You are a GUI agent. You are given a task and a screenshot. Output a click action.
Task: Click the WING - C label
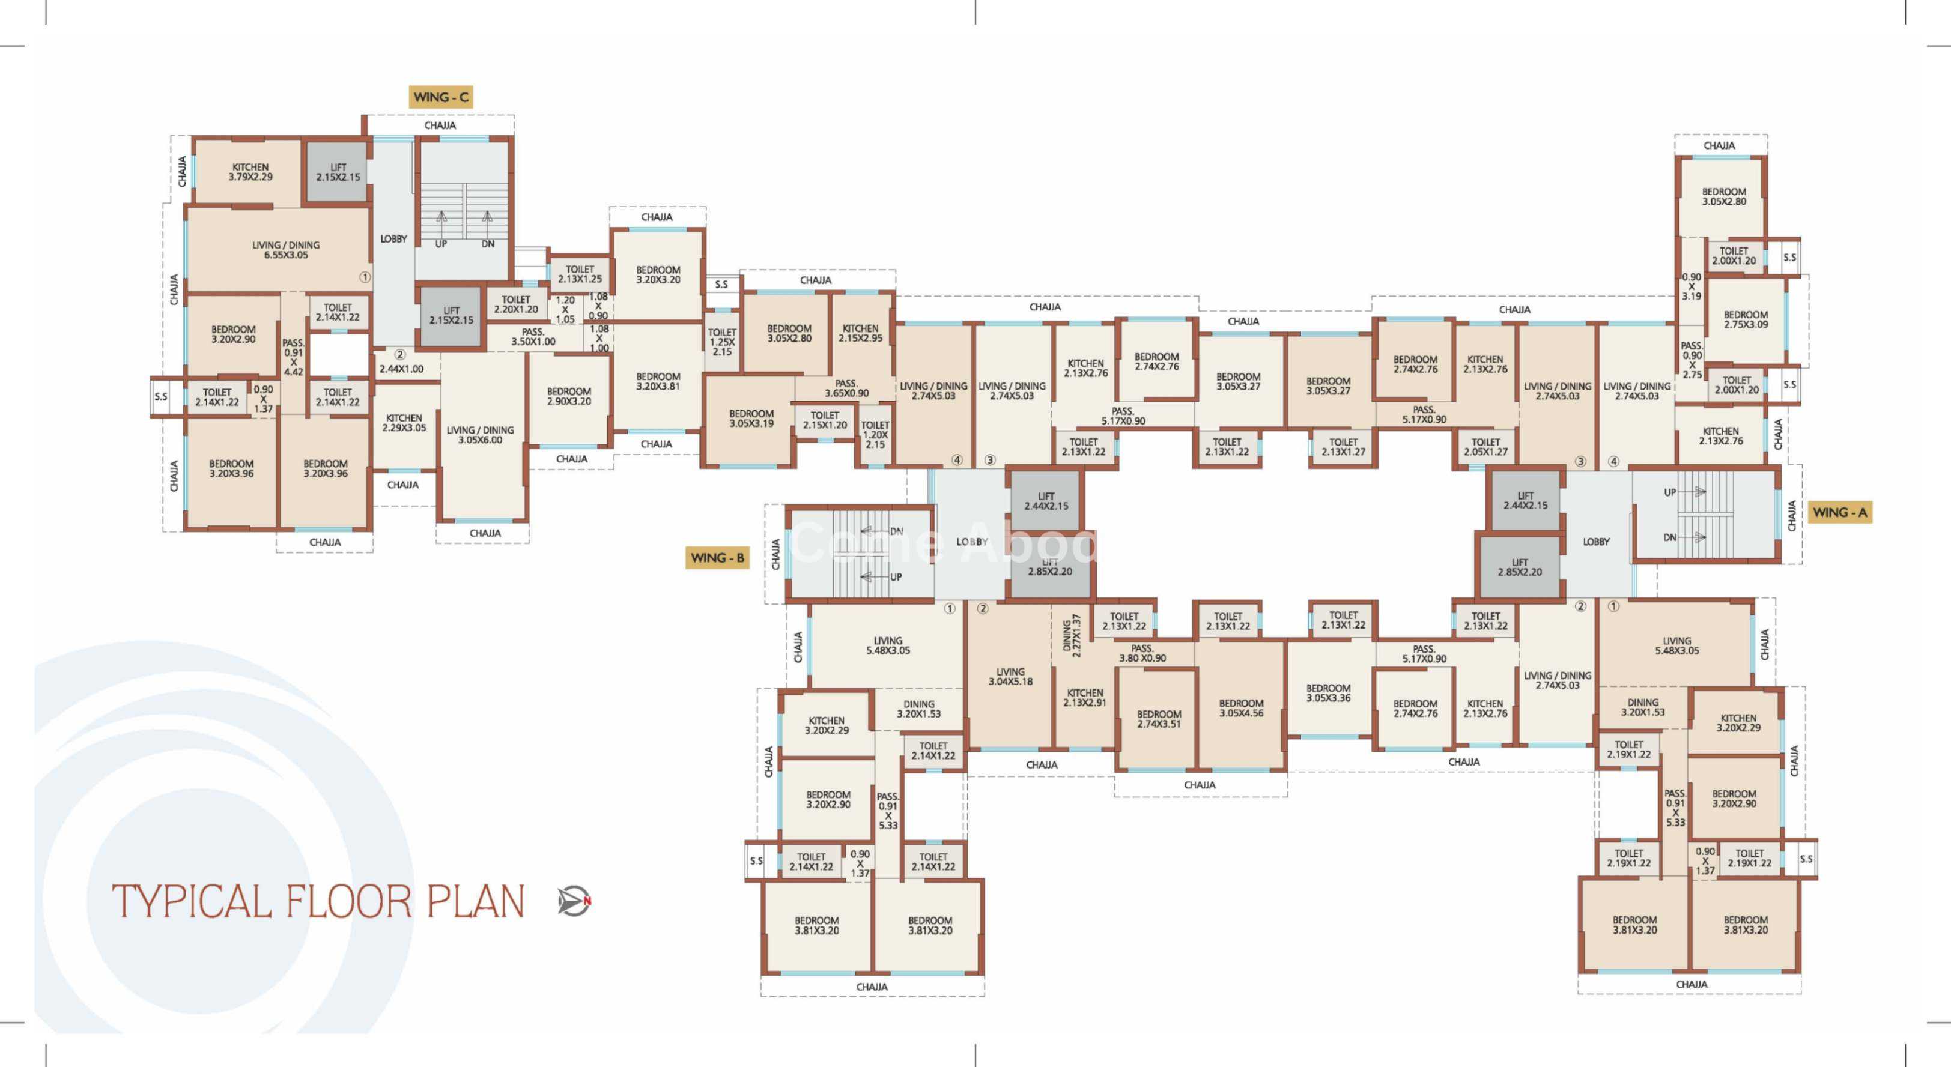point(441,97)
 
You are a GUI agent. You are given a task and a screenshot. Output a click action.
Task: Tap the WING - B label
point(717,558)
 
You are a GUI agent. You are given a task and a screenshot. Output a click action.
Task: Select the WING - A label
point(1840,513)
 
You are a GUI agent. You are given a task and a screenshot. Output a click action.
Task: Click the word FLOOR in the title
point(348,901)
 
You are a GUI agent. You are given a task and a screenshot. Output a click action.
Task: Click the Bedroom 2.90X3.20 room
point(569,397)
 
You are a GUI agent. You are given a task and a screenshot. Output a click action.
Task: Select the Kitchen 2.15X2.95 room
point(860,334)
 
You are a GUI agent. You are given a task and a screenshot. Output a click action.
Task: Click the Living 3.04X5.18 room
point(1010,676)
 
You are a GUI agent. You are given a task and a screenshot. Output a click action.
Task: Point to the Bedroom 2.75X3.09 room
point(1745,320)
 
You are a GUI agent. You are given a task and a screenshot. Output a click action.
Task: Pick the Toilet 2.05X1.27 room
point(1485,447)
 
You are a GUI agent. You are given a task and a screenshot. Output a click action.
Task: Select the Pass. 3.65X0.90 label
point(846,388)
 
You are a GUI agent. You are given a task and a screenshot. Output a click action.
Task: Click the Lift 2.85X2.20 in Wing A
point(1519,567)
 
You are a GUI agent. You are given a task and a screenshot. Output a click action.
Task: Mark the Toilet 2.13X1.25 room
point(580,274)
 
